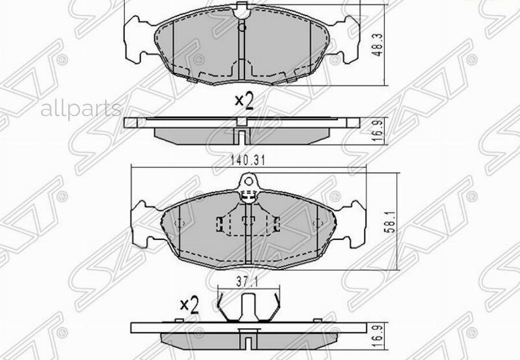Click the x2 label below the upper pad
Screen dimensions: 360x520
point(244,101)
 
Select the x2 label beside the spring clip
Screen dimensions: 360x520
point(189,305)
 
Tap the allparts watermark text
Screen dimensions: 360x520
point(81,108)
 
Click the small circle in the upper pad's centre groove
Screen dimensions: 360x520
point(242,27)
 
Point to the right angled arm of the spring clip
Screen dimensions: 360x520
point(277,306)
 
